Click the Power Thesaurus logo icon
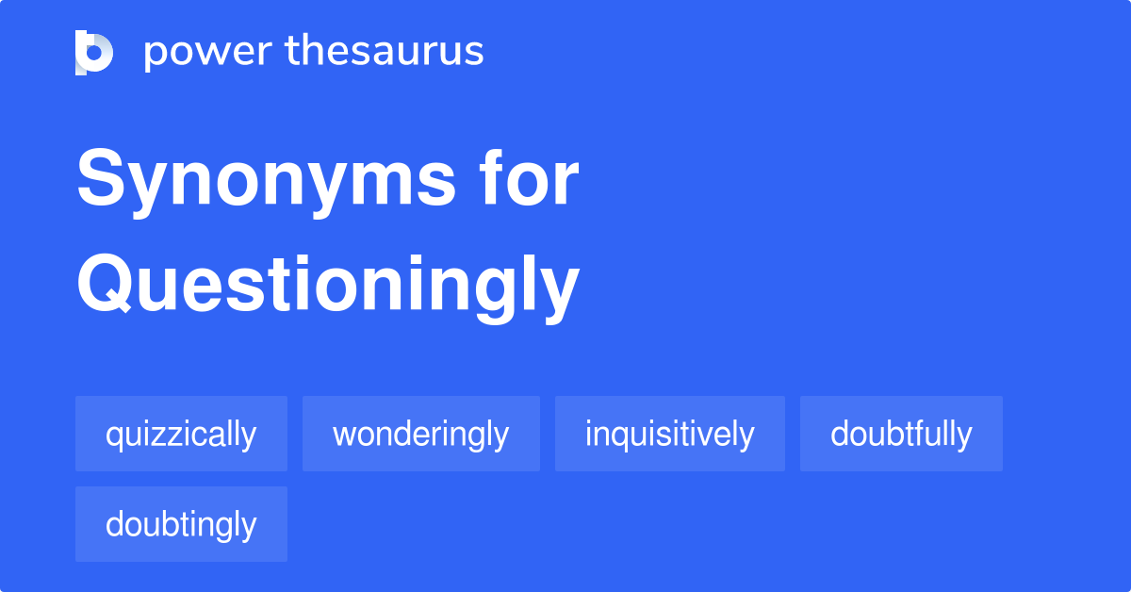point(94,52)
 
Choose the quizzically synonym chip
point(181,434)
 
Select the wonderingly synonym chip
point(420,434)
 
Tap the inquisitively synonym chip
point(669,434)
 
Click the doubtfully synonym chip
point(901,434)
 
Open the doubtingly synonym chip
point(181,524)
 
